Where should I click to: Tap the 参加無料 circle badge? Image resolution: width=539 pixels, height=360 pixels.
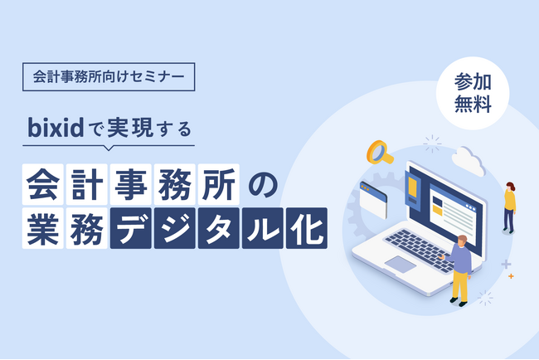click(474, 94)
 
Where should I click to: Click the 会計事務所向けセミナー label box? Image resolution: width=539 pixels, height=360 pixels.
click(109, 77)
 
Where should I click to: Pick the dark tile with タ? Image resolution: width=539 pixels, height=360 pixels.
click(220, 227)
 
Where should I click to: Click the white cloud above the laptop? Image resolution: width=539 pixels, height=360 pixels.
click(468, 162)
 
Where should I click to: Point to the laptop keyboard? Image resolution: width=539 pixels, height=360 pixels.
click(419, 246)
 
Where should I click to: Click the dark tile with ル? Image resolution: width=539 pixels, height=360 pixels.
click(262, 227)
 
